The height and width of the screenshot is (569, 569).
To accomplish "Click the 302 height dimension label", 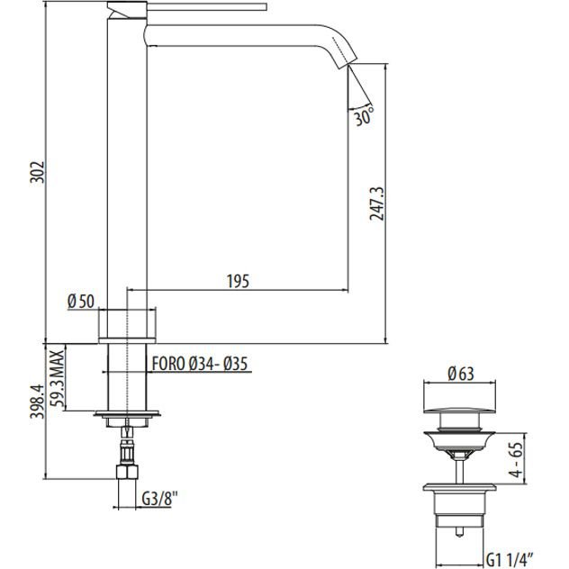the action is pos(38,172).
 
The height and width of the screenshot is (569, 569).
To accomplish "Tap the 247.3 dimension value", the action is pos(376,203).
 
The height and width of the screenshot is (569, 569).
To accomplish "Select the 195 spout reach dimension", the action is pos(238,281).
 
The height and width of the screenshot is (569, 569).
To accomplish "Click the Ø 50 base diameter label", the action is pos(81,302).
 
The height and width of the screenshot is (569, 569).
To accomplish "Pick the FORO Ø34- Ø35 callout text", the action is pos(200,364).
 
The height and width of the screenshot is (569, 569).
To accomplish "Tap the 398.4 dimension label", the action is pos(37,402).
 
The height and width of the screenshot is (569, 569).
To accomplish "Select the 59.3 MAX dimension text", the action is pos(58,378).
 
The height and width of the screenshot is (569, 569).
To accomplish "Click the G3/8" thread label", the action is pos(159,498).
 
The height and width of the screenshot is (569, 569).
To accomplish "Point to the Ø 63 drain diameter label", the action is pos(461,374).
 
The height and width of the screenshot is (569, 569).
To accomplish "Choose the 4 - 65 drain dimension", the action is pos(516,460).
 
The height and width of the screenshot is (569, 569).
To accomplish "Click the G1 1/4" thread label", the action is pos(510,561).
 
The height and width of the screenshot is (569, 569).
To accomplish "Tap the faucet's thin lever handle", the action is pos(207,7).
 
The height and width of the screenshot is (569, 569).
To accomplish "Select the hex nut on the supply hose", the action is pos(127,472).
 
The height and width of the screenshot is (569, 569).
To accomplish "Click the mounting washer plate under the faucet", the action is pos(127,413).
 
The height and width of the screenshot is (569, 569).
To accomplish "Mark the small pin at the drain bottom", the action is pos(460,531).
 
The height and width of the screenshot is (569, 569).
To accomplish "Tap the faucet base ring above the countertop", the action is pos(127,340).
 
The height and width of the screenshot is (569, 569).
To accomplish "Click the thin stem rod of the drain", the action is pos(460,471).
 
